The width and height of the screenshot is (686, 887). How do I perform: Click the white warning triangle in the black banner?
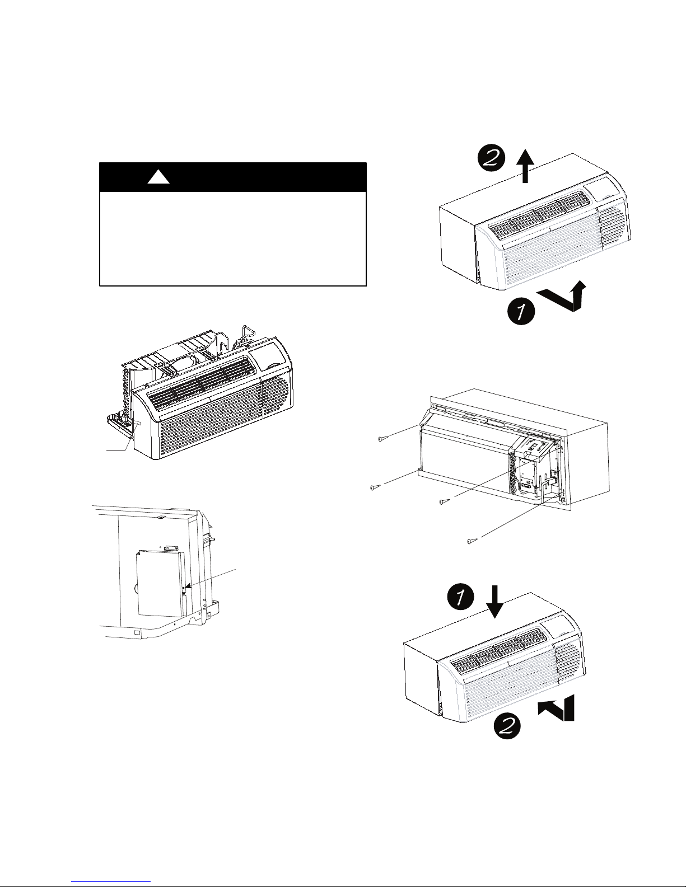[x=158, y=177]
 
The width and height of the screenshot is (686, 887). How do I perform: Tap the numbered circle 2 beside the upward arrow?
[x=492, y=158]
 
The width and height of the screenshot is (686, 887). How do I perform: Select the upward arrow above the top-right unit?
[x=526, y=166]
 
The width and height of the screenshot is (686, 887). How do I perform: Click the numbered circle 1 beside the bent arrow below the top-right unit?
[x=521, y=312]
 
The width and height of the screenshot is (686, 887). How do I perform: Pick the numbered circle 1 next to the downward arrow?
[x=460, y=597]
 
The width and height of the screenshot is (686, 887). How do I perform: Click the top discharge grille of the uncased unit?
[x=199, y=382]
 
